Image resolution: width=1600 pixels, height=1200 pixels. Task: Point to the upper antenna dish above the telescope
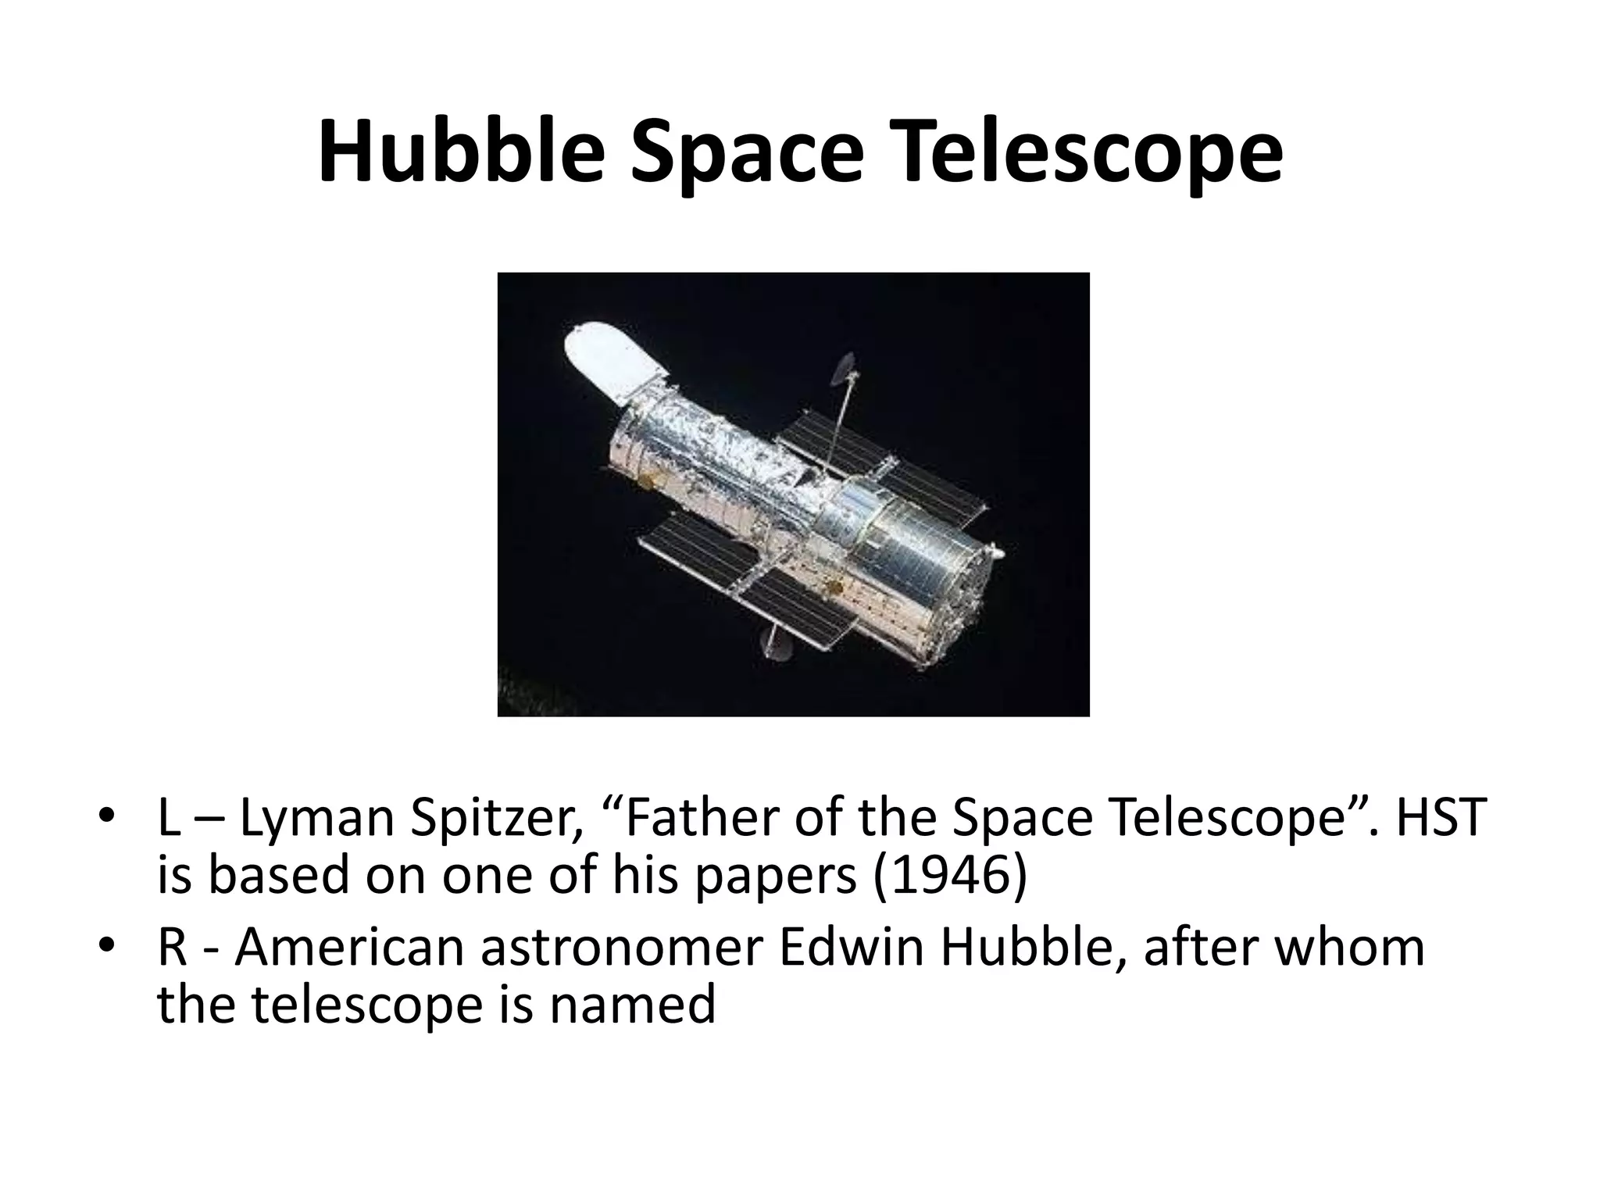[x=845, y=371]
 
